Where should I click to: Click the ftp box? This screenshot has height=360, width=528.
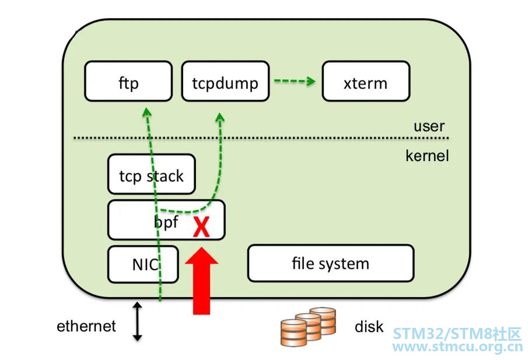pyautogui.click(x=128, y=81)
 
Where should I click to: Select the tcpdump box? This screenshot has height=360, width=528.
pyautogui.click(x=225, y=81)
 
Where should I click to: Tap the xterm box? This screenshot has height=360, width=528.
pyautogui.click(x=366, y=81)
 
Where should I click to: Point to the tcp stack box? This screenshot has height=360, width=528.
pyautogui.click(x=152, y=174)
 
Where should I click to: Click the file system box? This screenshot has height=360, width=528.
pyautogui.click(x=331, y=263)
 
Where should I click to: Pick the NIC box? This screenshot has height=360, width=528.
pyautogui.click(x=143, y=264)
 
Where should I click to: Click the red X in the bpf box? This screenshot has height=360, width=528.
pyautogui.click(x=201, y=226)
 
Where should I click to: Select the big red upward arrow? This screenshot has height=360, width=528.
pyautogui.click(x=201, y=281)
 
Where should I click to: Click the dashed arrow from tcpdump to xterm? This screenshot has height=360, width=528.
pyautogui.click(x=295, y=81)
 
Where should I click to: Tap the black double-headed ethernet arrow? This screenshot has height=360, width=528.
pyautogui.click(x=137, y=321)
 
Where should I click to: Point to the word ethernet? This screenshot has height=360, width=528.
pyautogui.click(x=86, y=326)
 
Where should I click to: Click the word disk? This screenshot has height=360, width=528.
pyautogui.click(x=369, y=326)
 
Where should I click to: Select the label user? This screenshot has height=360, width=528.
pyautogui.click(x=429, y=126)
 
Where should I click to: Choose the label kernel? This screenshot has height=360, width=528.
pyautogui.click(x=427, y=156)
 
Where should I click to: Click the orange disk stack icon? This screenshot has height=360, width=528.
pyautogui.click(x=308, y=327)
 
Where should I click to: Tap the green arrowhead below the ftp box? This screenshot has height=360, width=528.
pyautogui.click(x=146, y=112)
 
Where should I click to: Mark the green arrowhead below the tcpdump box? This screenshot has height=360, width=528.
pyautogui.click(x=220, y=117)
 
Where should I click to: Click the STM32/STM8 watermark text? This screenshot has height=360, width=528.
pyautogui.click(x=457, y=334)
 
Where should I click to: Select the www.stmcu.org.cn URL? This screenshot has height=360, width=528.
pyautogui.click(x=457, y=347)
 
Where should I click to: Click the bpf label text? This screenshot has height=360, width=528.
pyautogui.click(x=166, y=222)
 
